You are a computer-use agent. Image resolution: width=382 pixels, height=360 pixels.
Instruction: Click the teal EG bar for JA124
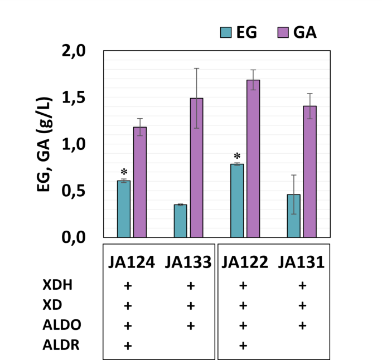click(123, 209)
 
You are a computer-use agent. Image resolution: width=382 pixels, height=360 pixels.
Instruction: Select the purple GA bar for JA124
click(139, 182)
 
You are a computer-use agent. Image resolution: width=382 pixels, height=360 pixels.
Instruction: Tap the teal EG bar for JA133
click(180, 221)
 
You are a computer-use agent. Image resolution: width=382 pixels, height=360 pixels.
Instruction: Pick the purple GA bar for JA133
click(196, 167)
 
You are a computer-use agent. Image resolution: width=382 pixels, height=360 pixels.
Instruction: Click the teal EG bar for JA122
click(237, 201)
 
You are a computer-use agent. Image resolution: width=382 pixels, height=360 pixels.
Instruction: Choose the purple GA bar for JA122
click(253, 158)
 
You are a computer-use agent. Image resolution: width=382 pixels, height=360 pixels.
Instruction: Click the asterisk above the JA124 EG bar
click(124, 172)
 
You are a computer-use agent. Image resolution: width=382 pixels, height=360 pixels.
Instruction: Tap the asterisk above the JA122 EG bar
click(237, 156)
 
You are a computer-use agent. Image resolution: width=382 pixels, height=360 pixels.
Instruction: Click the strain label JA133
click(188, 261)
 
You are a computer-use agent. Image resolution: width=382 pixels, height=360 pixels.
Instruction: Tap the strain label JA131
click(301, 261)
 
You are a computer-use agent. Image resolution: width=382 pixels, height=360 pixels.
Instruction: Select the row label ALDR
click(61, 346)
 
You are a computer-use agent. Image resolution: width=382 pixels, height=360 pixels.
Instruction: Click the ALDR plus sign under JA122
click(243, 346)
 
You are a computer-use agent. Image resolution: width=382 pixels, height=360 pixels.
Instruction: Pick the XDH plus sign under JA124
click(127, 286)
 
